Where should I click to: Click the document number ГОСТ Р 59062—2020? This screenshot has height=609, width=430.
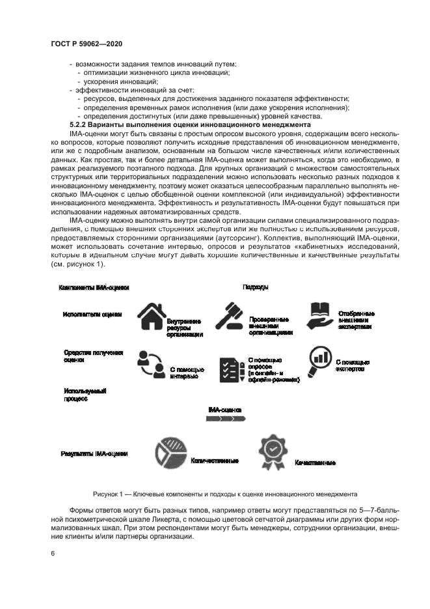coord(87,44)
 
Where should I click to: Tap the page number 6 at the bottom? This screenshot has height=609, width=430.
coord(52,553)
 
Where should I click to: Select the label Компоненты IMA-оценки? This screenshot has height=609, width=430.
coord(94,287)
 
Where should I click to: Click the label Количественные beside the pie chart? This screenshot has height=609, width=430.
coord(214,460)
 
